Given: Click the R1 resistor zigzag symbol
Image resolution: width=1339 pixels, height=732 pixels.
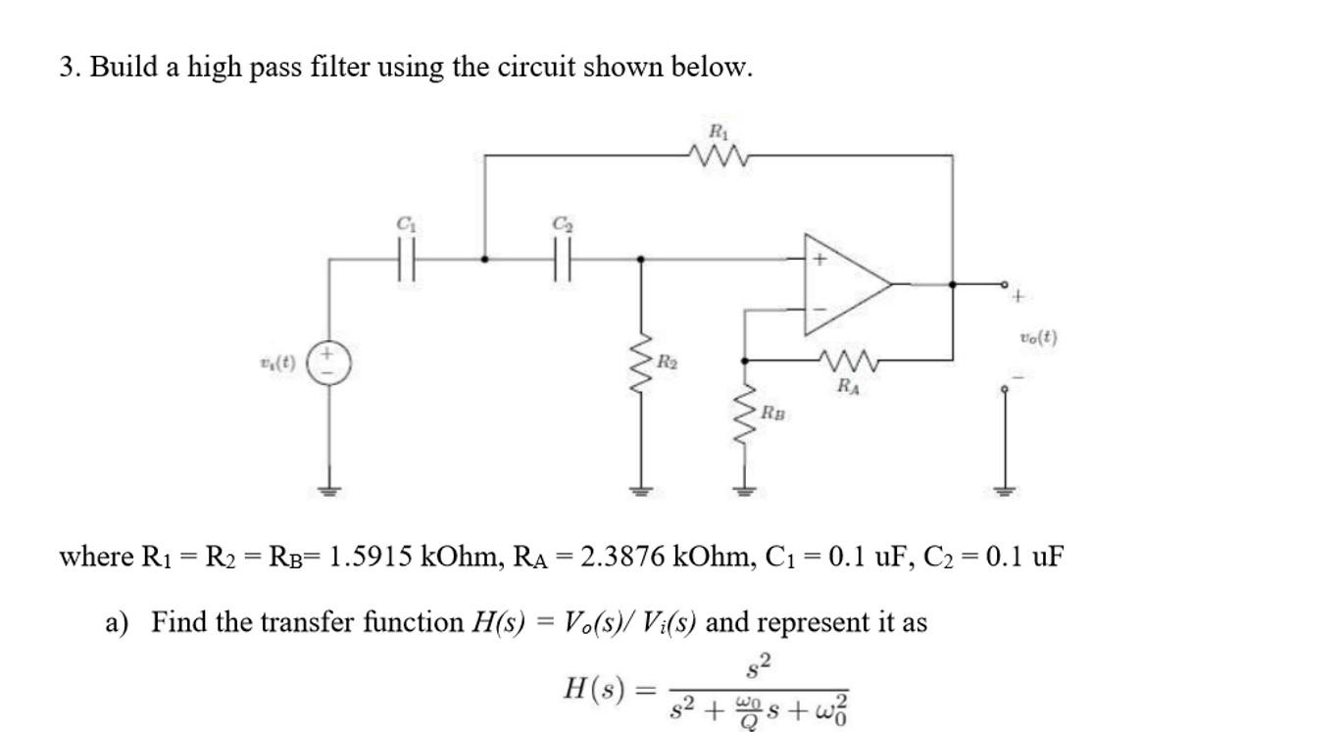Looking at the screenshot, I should [x=719, y=155].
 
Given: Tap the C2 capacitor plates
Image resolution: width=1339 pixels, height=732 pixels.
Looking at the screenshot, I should [x=562, y=260].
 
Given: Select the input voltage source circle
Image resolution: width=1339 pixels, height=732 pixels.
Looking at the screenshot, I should [x=329, y=363].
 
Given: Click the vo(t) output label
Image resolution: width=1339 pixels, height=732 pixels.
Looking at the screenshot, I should [x=1038, y=338].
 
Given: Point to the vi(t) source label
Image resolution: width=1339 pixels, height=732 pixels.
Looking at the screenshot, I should [x=278, y=363].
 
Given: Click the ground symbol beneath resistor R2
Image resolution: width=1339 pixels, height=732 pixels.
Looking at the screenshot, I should [x=642, y=490].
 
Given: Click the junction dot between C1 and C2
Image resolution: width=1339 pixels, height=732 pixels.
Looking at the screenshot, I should [x=485, y=260].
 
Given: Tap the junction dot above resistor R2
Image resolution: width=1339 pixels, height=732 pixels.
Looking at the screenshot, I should [x=642, y=260].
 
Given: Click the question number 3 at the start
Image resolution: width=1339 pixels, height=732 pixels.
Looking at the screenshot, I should [x=67, y=68].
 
